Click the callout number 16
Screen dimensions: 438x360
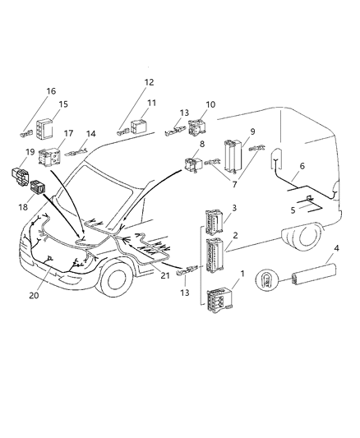point(51,90)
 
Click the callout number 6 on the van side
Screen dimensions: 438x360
point(302,166)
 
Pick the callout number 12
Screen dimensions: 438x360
point(150,82)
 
